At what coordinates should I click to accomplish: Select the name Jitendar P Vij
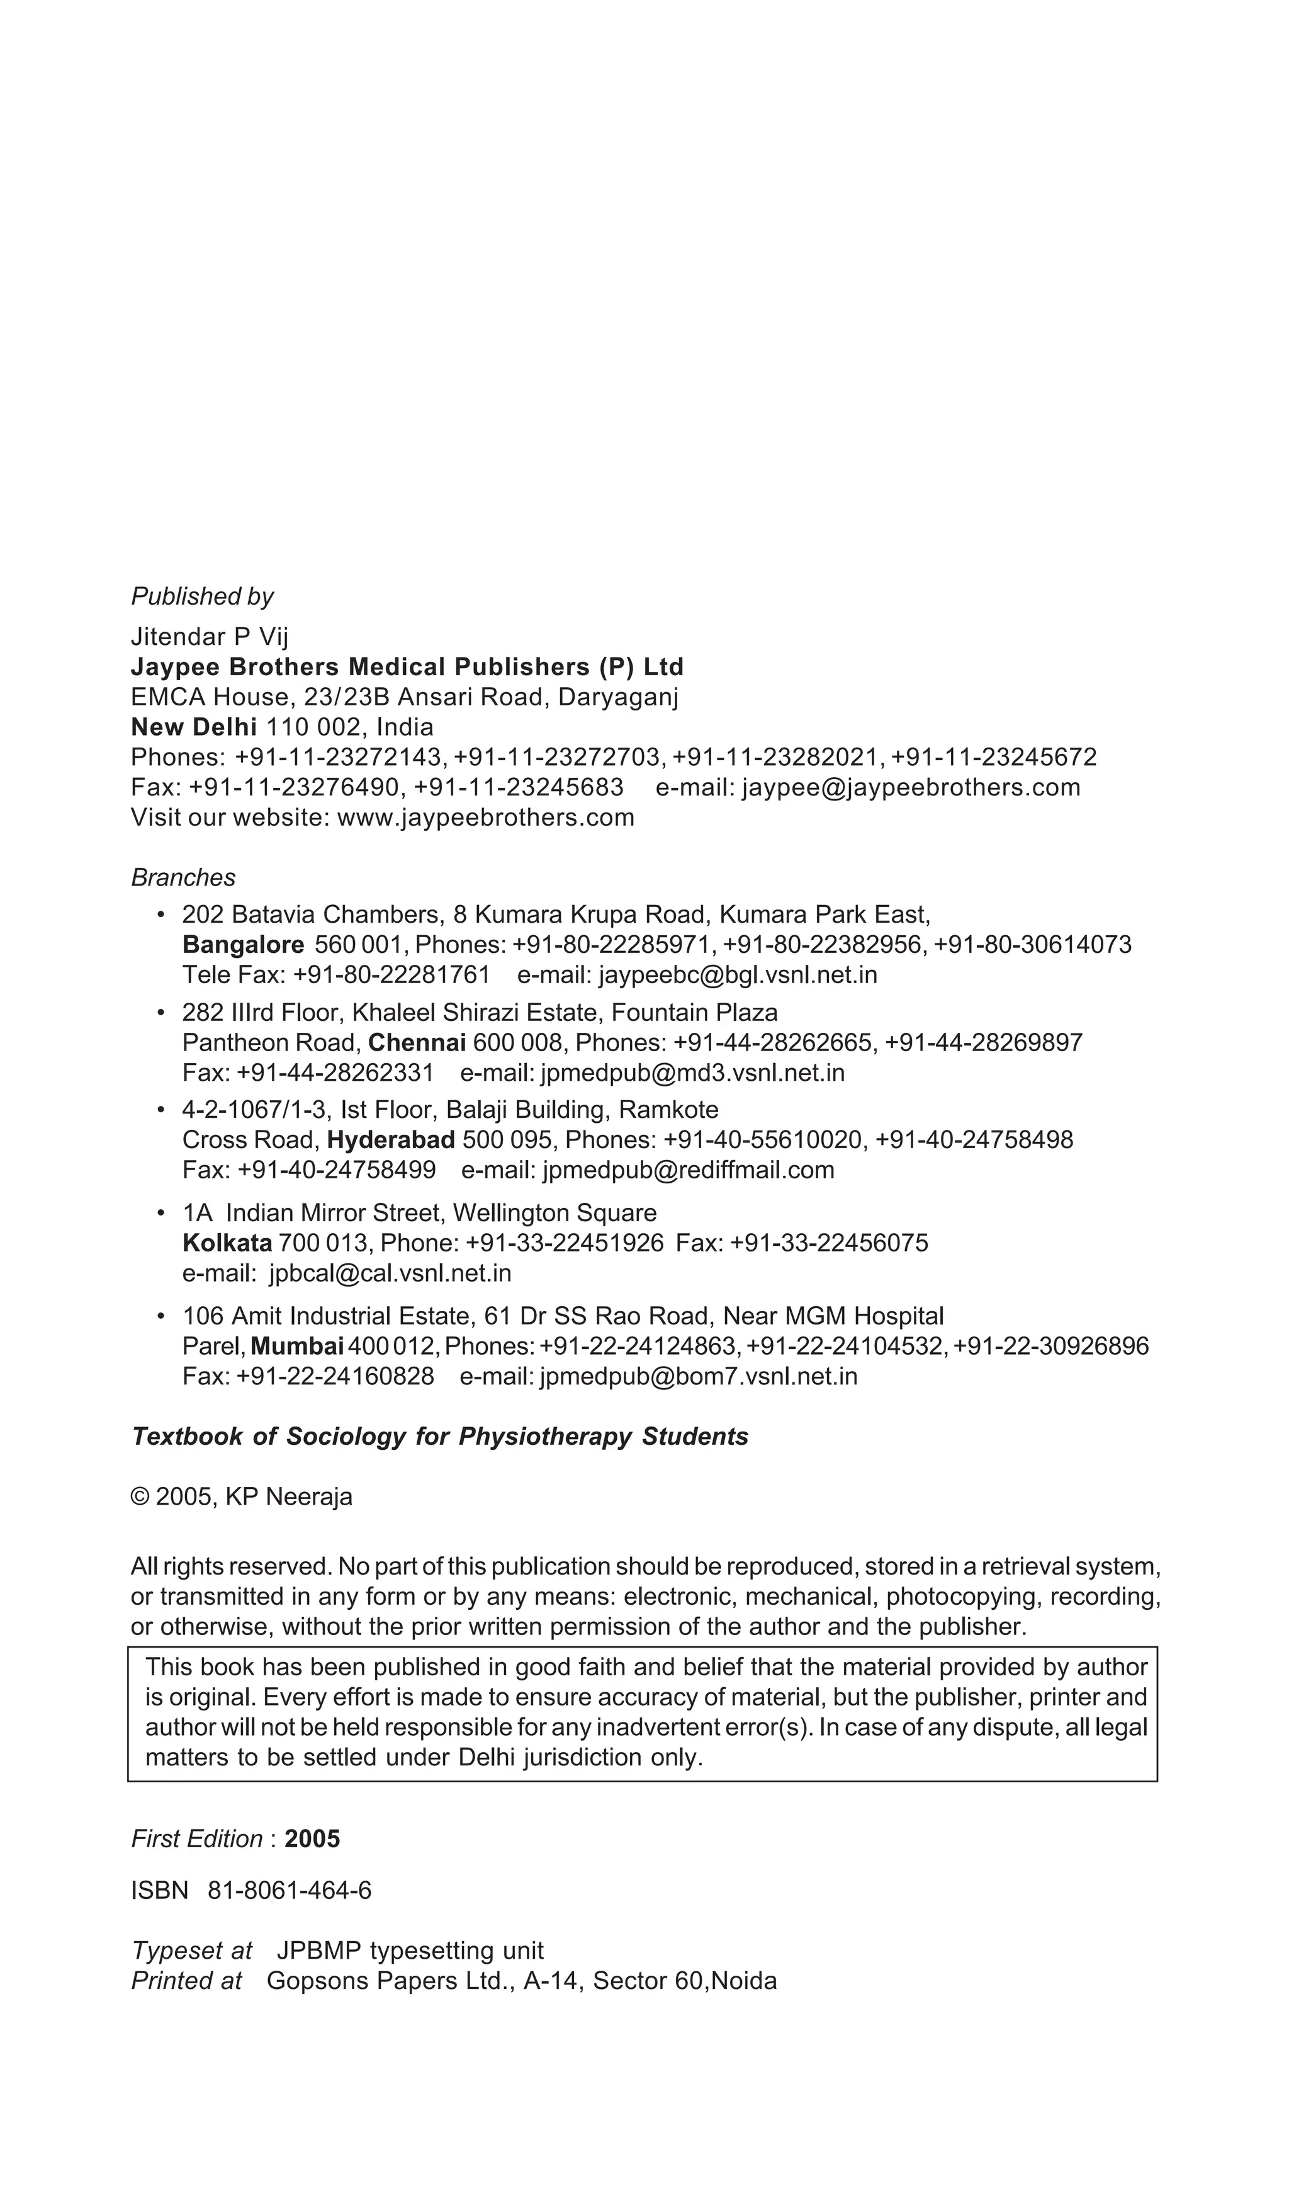point(209,636)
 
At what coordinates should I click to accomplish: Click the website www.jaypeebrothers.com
point(485,817)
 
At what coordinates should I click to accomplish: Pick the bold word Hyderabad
point(390,1139)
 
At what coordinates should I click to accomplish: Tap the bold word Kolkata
point(227,1242)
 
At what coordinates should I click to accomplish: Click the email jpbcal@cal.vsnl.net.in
point(390,1272)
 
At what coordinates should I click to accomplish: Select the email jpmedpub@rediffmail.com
point(688,1170)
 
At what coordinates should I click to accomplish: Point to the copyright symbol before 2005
point(139,1497)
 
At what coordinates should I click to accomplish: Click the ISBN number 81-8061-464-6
point(290,1890)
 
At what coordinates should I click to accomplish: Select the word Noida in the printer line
point(744,1981)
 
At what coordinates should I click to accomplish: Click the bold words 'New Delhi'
point(193,727)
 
